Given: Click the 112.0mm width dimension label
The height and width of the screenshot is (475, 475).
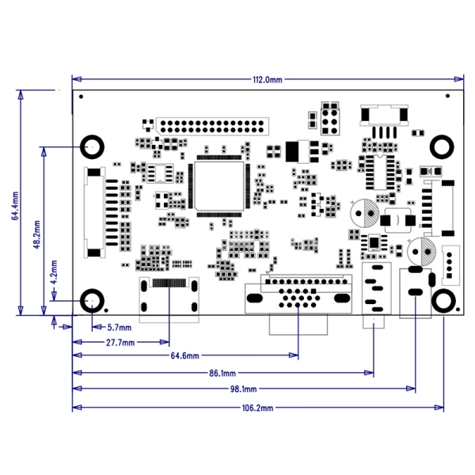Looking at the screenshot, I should point(268,80).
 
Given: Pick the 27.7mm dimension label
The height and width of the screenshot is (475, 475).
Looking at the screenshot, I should point(120,342).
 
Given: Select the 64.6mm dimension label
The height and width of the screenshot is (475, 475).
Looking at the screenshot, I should point(184,356).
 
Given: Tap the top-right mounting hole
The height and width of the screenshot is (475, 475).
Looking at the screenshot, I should point(443,146).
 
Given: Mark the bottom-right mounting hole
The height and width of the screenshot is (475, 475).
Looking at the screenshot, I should point(443,301).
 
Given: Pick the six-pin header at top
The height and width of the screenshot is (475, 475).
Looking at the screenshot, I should point(330,118).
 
